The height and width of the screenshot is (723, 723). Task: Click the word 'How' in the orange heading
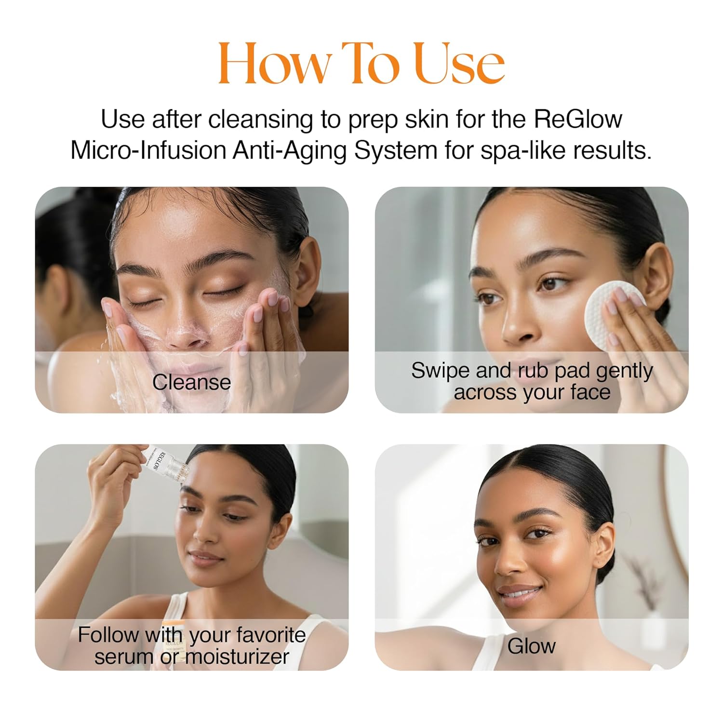pos(275,64)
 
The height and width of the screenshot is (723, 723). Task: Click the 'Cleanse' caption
pos(191,382)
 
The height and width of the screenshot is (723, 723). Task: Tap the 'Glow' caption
pos(531,646)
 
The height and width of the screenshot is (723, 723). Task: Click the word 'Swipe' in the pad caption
pos(441,371)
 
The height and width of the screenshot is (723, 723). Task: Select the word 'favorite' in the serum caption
pos(272,635)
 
